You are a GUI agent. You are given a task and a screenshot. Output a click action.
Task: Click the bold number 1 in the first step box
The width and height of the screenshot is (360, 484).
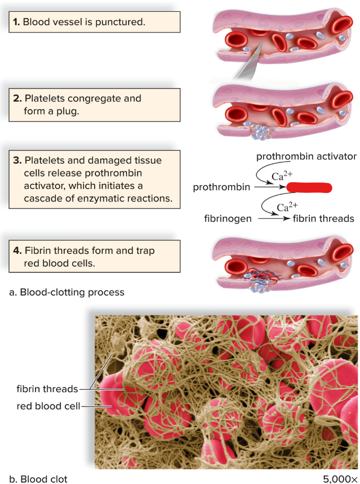(16, 23)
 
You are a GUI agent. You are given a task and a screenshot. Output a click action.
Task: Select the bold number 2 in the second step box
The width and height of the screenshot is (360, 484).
(17, 98)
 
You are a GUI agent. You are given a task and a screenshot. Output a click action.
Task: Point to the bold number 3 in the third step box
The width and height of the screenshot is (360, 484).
(17, 160)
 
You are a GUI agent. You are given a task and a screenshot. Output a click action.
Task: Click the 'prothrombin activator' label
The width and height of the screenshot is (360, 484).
(306, 156)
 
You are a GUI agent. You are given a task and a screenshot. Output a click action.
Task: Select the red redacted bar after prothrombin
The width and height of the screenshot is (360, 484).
(309, 187)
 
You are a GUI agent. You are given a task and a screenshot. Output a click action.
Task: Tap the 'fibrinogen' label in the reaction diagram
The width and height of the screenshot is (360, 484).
(228, 218)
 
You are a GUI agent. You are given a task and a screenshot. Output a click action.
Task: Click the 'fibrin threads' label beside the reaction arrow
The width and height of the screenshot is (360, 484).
(323, 218)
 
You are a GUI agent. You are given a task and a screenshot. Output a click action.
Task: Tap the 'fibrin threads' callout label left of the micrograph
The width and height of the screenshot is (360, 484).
(47, 389)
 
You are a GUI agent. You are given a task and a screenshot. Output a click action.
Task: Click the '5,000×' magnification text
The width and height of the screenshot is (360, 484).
(340, 479)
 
